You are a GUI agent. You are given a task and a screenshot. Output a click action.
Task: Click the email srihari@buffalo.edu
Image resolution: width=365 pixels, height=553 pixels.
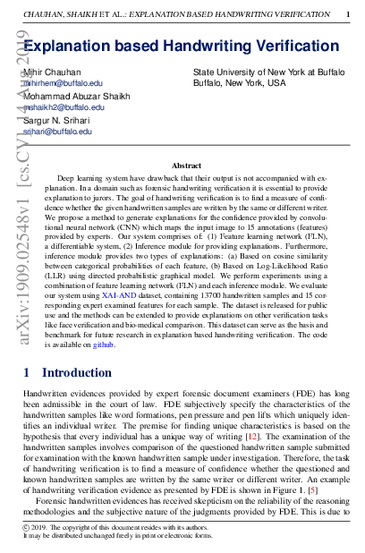click(x=58, y=131)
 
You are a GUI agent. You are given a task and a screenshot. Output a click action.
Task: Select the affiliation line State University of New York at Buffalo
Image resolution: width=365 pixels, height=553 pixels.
click(x=268, y=72)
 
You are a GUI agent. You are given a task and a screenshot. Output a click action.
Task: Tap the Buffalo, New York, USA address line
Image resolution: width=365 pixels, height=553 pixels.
click(x=239, y=82)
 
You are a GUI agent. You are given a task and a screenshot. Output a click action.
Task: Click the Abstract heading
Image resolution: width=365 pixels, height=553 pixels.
click(x=186, y=166)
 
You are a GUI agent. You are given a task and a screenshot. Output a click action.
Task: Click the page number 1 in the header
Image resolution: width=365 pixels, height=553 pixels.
click(x=347, y=15)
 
